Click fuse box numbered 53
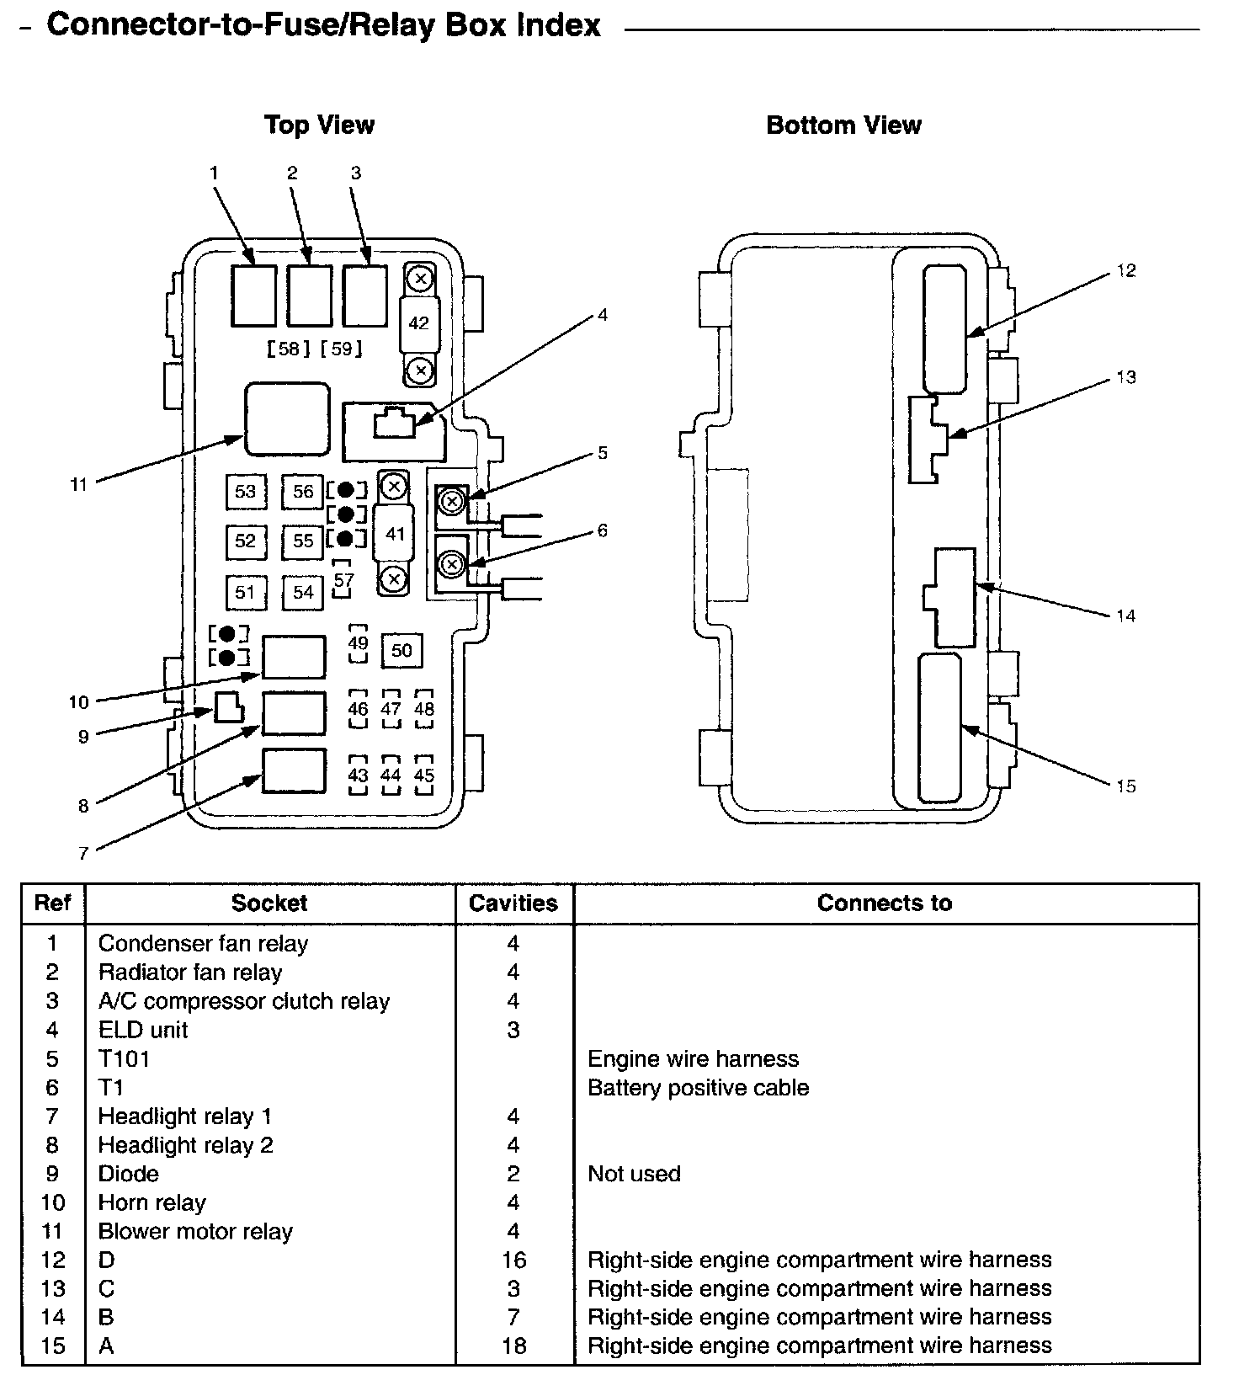pyautogui.click(x=246, y=491)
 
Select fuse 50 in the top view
pyautogui.click(x=401, y=651)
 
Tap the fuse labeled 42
pyautogui.click(x=418, y=323)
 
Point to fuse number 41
pyautogui.click(x=395, y=534)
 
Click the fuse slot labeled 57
pyautogui.click(x=343, y=580)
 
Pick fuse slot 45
pyautogui.click(x=424, y=775)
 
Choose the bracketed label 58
pyautogui.click(x=289, y=348)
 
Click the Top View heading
pyautogui.click(x=319, y=125)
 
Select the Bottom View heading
pyautogui.click(x=843, y=125)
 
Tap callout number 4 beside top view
pyautogui.click(x=602, y=315)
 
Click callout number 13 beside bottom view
pyautogui.click(x=1126, y=377)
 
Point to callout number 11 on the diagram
pyautogui.click(x=78, y=485)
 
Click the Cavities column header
pyautogui.click(x=513, y=903)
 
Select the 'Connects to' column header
pyautogui.click(x=885, y=903)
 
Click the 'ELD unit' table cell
pyautogui.click(x=143, y=1030)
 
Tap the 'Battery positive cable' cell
pyautogui.click(x=698, y=1088)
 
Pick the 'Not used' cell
pyautogui.click(x=634, y=1174)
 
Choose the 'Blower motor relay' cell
pyautogui.click(x=195, y=1232)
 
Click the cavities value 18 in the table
pyautogui.click(x=513, y=1346)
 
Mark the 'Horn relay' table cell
pyautogui.click(x=152, y=1202)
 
